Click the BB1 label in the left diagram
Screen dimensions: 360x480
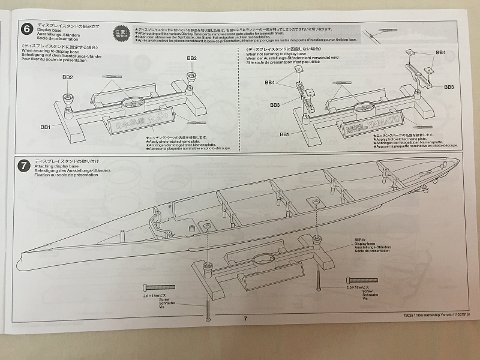click(46, 127)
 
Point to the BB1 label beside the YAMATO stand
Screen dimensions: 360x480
click(285, 134)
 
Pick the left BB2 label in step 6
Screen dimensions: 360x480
click(67, 77)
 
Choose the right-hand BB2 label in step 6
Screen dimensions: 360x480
click(192, 58)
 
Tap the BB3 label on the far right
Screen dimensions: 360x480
click(449, 87)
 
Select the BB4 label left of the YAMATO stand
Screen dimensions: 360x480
click(269, 82)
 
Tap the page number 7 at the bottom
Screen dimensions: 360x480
click(245, 319)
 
